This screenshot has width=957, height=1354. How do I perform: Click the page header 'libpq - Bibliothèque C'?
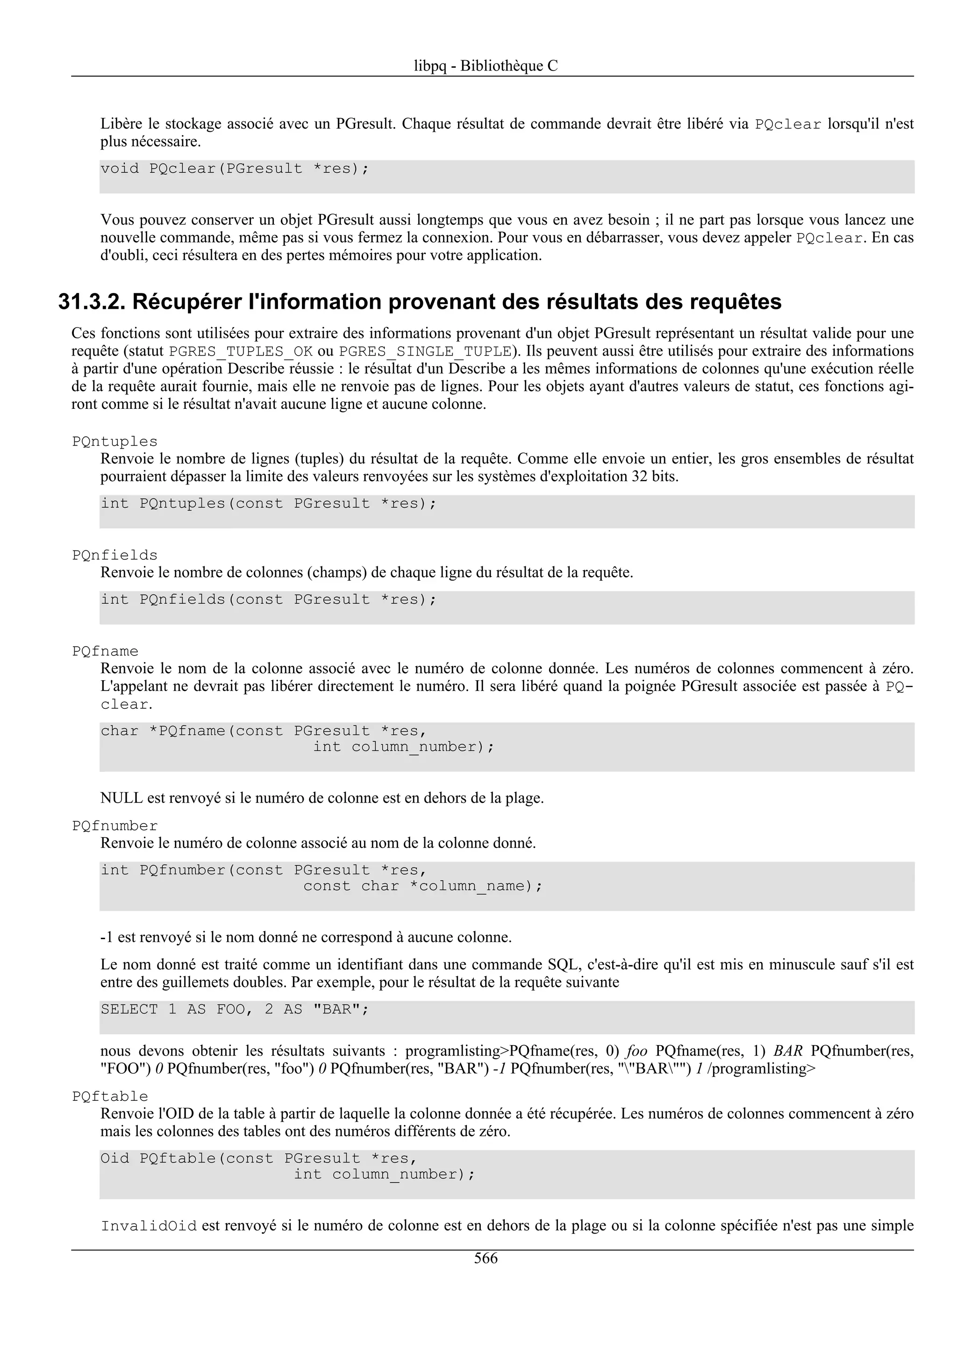(486, 66)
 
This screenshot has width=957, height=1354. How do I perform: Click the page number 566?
(486, 1259)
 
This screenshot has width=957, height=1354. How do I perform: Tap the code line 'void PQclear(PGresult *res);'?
(234, 169)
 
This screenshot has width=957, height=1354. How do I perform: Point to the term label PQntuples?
(115, 442)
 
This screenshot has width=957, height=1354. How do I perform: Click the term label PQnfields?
(115, 556)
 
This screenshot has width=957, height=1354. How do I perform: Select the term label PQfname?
(105, 652)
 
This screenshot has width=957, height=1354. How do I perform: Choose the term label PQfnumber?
(115, 826)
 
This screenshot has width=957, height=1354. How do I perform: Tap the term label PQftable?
(110, 1097)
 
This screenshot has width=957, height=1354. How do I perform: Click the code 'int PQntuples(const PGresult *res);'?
(268, 504)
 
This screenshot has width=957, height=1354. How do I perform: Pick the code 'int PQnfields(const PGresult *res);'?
(268, 600)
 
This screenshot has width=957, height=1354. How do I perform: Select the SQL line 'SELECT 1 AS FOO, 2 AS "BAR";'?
(234, 1010)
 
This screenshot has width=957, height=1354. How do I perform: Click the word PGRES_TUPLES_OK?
(241, 352)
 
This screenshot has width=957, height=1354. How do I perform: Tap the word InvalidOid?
(149, 1226)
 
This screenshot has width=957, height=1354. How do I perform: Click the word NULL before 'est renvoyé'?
(121, 798)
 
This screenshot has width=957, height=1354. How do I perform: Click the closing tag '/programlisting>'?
(761, 1069)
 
